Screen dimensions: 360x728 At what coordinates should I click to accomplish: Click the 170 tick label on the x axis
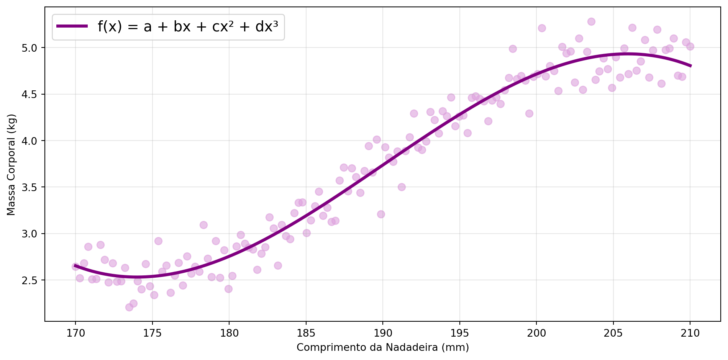point(75,333)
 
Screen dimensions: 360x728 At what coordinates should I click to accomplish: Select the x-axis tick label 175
point(152,333)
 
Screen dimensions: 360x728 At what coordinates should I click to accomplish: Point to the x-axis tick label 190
point(382,333)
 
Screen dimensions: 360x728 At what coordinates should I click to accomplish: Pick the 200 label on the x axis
point(536,333)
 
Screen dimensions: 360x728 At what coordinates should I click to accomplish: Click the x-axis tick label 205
point(613,333)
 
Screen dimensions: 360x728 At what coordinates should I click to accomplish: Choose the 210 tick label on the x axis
point(690,333)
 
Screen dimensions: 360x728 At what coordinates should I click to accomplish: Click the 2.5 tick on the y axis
point(33,280)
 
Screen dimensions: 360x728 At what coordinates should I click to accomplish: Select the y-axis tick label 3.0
point(33,234)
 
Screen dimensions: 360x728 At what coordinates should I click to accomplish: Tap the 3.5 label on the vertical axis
point(33,187)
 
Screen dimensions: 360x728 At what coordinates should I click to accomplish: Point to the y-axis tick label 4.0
point(33,141)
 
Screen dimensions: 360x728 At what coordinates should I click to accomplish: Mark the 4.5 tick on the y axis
point(33,94)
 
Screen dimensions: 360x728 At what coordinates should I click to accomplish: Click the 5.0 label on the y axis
point(33,48)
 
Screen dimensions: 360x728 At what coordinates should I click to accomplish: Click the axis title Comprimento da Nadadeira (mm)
point(382,347)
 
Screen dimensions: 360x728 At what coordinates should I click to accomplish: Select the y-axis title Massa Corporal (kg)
point(11,164)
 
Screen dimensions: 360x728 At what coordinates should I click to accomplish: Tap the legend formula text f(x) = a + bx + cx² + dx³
point(188,27)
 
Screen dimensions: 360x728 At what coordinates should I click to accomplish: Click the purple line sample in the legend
point(72,26)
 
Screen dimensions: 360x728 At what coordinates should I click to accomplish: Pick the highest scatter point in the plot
point(591,21)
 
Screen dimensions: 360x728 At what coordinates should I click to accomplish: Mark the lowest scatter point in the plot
point(129,307)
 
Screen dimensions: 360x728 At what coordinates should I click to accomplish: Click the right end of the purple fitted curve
point(690,66)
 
